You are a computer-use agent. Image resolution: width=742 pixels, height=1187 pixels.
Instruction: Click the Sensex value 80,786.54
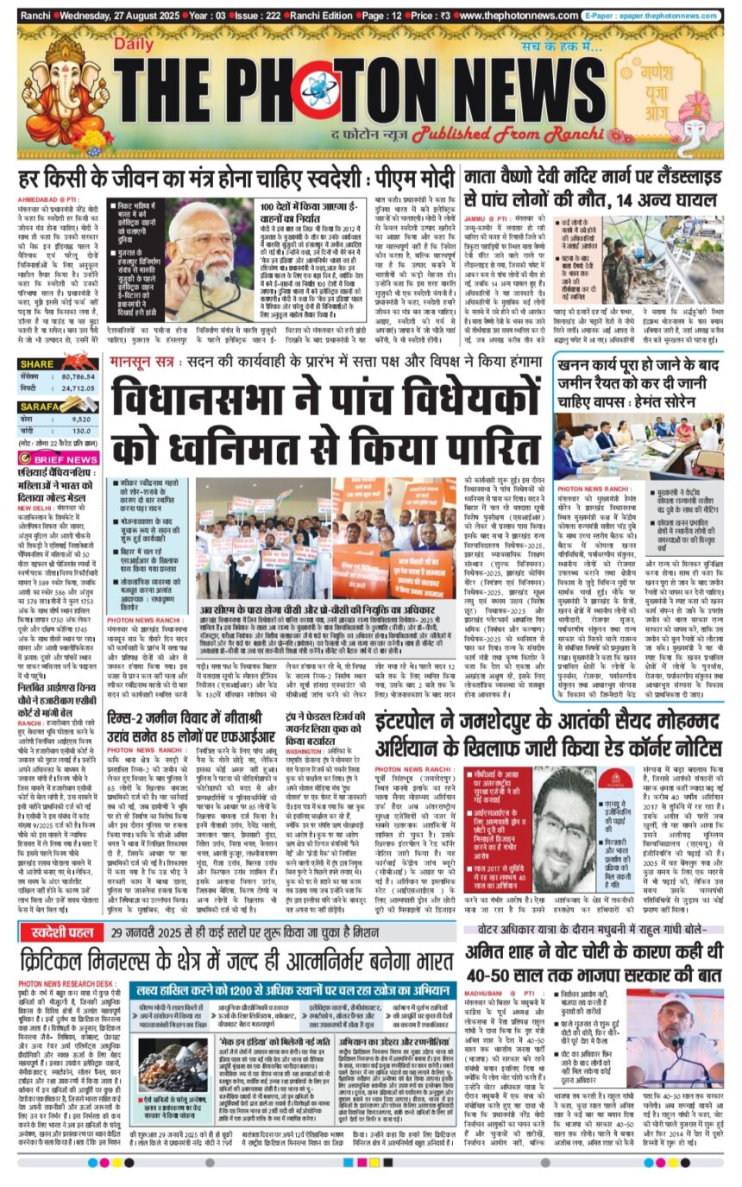pos(79,377)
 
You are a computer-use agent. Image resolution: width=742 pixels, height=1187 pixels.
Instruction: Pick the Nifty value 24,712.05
pos(79,389)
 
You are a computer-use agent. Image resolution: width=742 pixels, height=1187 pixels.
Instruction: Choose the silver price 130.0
pos(81,431)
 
